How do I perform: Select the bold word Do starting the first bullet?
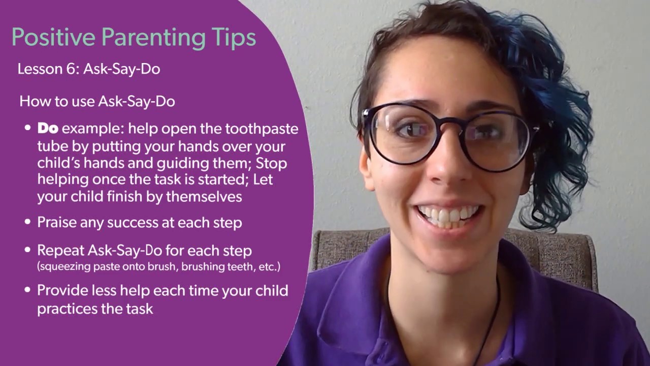48,129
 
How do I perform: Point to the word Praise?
58,222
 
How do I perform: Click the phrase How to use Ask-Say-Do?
97,101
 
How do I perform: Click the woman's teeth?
447,215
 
